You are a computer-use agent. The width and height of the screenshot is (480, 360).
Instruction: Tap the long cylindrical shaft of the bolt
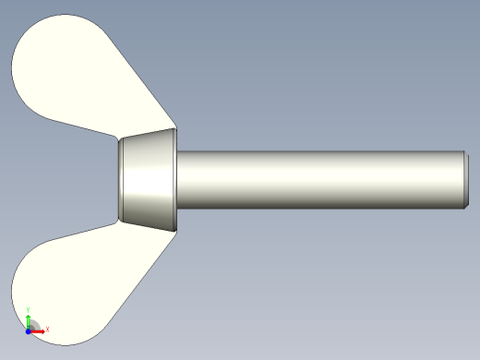(x=314, y=179)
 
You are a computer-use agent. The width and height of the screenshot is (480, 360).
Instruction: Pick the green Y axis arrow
(x=29, y=318)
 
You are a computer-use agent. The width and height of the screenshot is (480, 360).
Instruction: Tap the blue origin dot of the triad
(x=29, y=330)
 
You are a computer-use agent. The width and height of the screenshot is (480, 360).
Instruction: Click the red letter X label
(x=47, y=330)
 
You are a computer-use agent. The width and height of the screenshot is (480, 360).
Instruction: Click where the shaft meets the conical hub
(x=176, y=179)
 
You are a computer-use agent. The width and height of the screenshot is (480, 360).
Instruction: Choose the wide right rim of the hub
(x=173, y=179)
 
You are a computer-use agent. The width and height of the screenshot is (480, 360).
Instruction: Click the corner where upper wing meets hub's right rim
(x=174, y=129)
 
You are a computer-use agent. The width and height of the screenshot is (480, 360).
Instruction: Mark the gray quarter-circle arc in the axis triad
(x=34, y=324)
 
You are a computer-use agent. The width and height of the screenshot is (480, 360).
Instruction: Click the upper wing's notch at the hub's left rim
(x=119, y=138)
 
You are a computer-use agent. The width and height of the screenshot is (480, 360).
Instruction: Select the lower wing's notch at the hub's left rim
(x=119, y=221)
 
